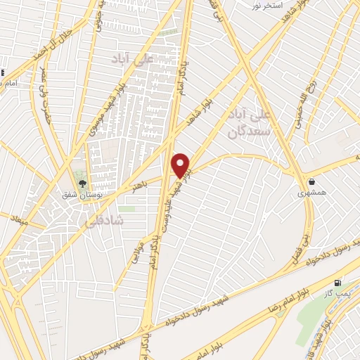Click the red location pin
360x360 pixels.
coord(181,165)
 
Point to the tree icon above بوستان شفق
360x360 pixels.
coord(83,184)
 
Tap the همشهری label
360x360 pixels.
coord(311,193)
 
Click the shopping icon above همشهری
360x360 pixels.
coord(311,181)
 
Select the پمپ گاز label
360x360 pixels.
coord(343,291)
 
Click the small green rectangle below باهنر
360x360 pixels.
coord(127,209)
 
